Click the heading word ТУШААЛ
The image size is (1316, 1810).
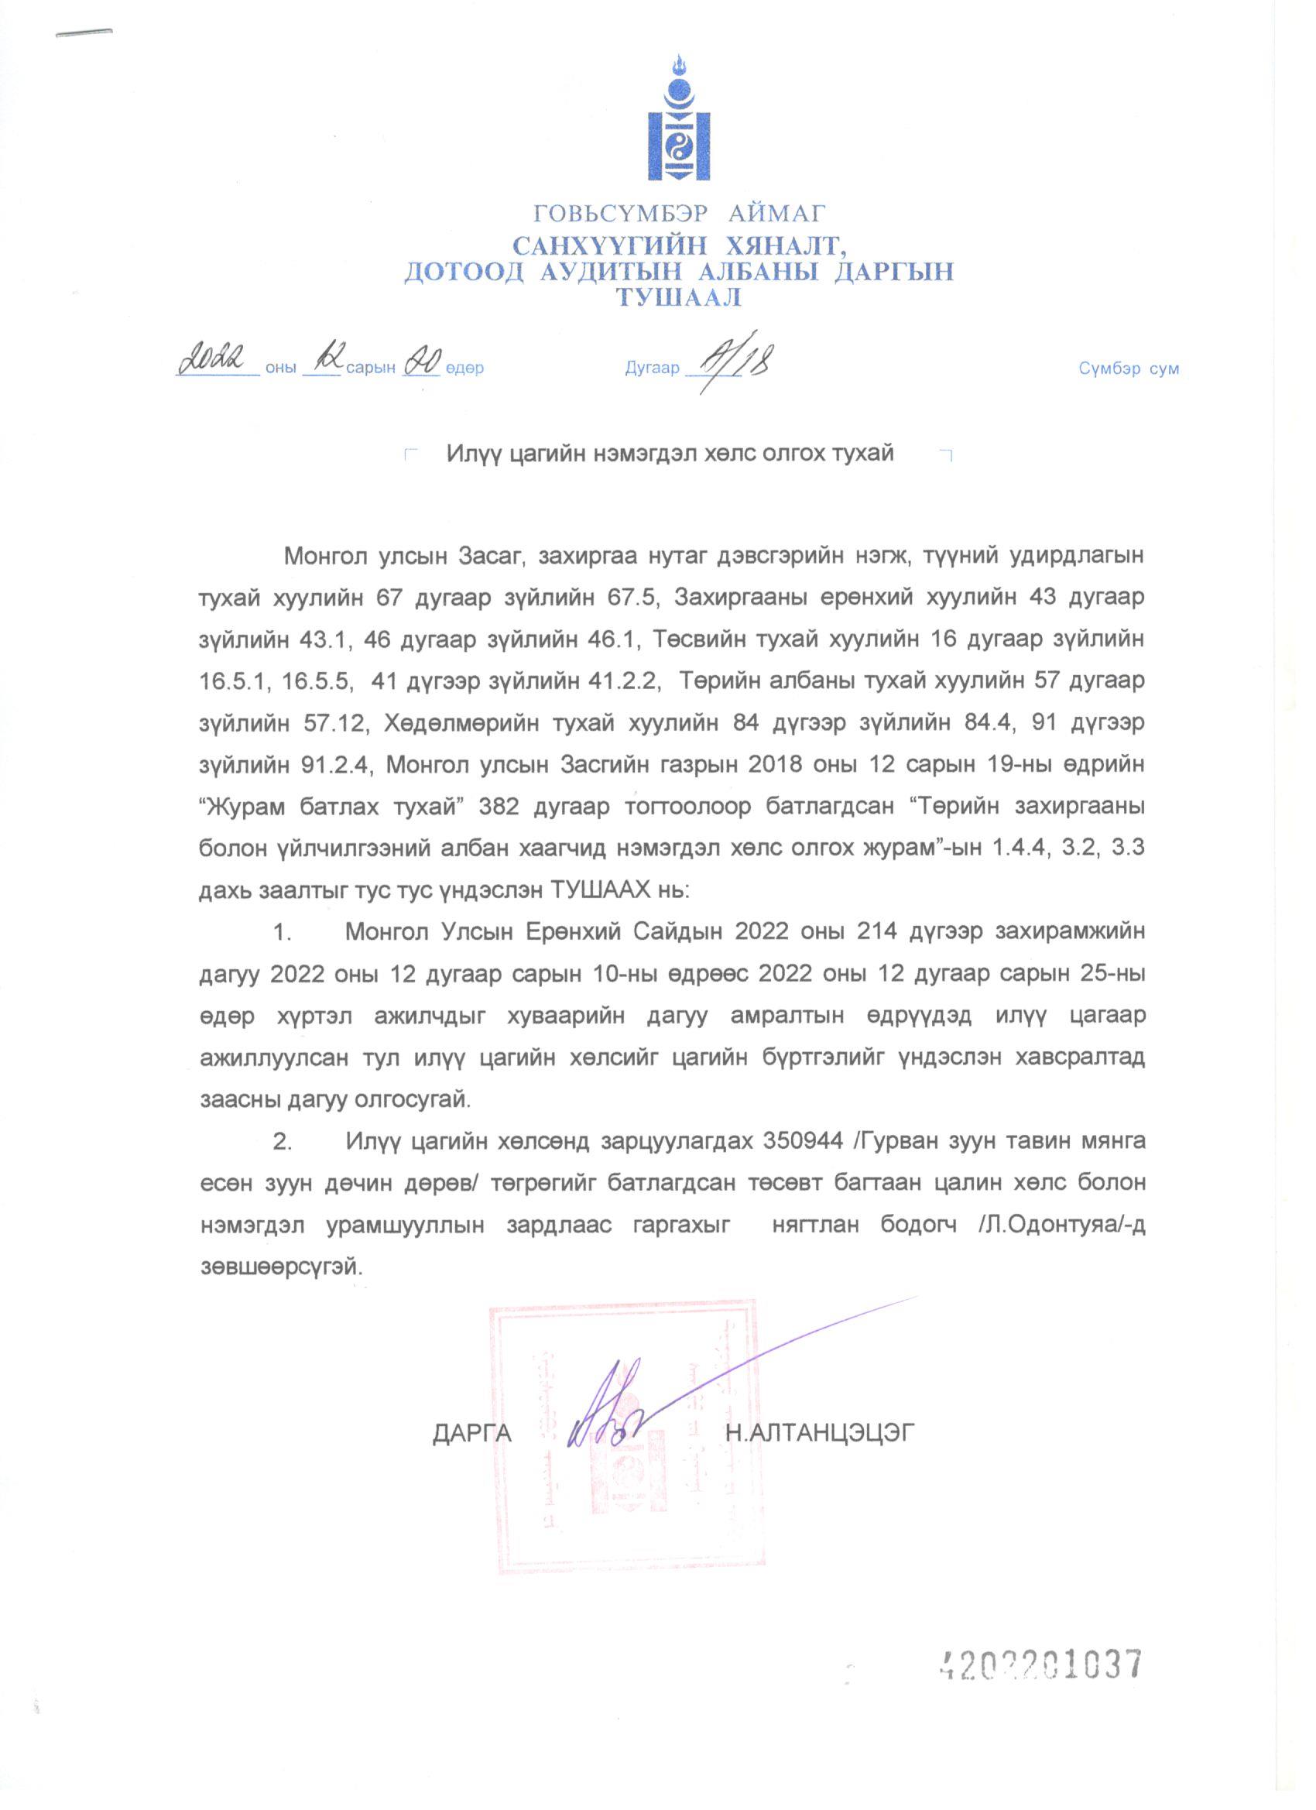tap(678, 299)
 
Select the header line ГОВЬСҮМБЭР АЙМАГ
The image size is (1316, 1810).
tap(680, 213)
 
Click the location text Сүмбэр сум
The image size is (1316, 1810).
tap(1129, 369)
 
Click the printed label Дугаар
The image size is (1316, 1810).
tap(652, 369)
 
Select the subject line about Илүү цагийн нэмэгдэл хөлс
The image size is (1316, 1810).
tap(670, 454)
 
